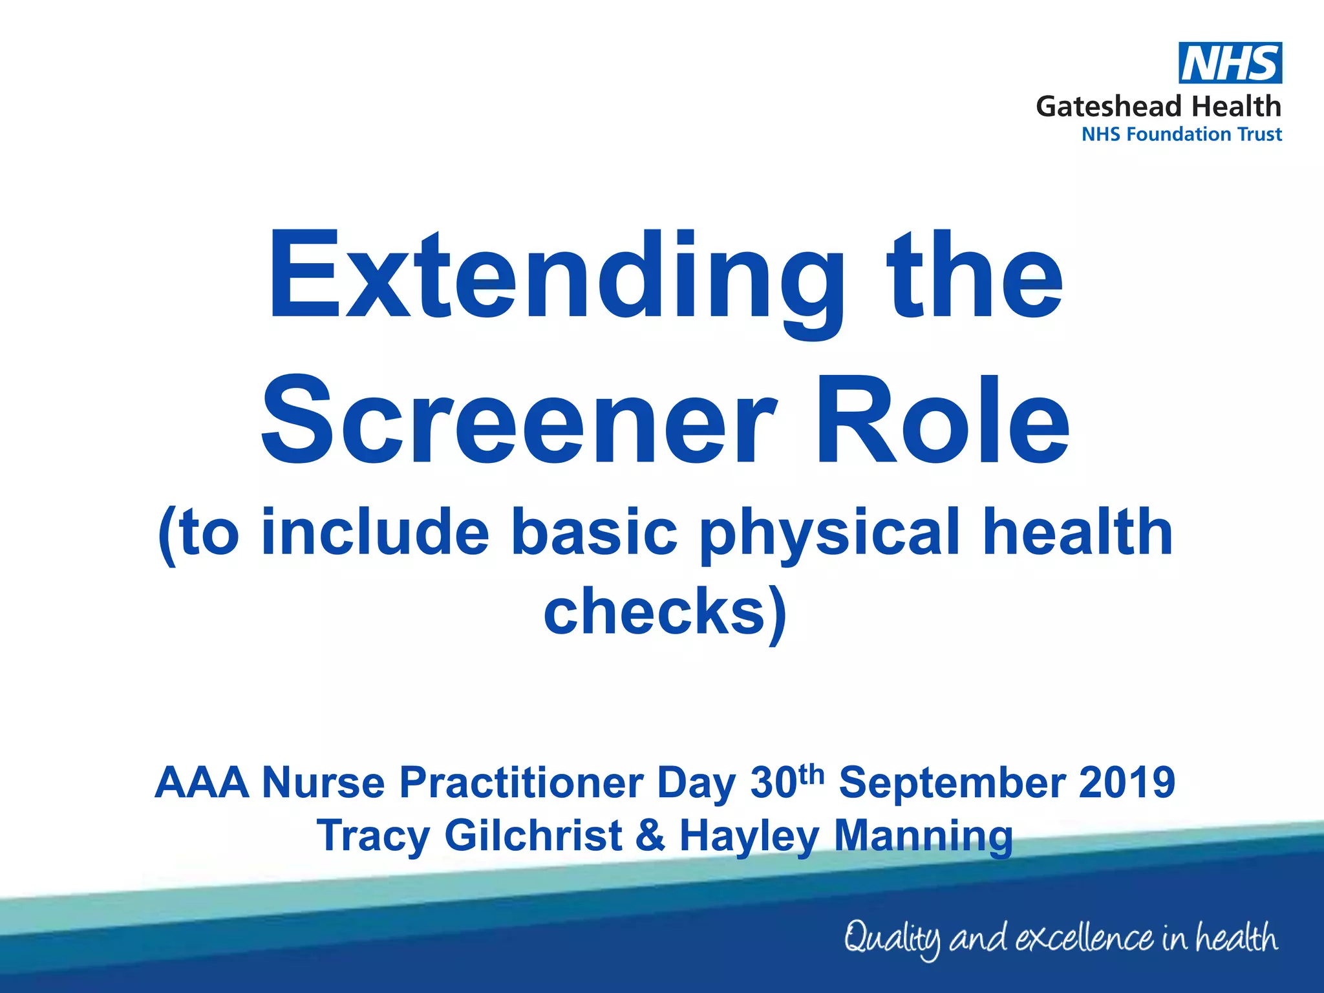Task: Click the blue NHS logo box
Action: [1230, 63]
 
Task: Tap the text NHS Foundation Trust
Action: [1181, 134]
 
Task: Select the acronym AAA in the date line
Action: [202, 783]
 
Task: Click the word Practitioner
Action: [521, 783]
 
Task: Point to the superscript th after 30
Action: [811, 774]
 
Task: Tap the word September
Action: [950, 783]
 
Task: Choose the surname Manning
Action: [923, 836]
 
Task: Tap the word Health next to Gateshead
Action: [1236, 107]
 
